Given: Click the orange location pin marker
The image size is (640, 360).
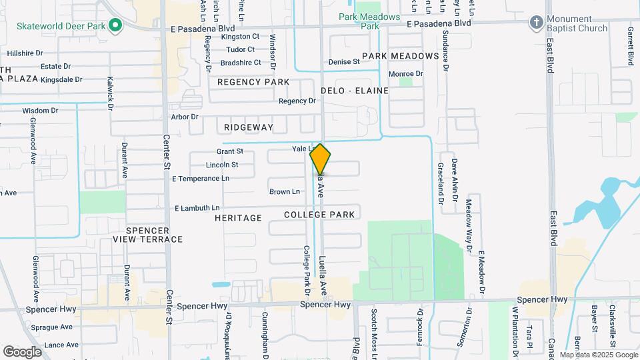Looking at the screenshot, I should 321,159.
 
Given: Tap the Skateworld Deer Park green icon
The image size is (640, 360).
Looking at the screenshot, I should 115,26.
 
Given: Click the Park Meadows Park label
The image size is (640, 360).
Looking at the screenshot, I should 369,21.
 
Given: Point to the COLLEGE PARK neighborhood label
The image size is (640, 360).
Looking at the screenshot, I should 319,215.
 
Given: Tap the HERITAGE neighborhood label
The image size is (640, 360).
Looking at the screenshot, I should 238,218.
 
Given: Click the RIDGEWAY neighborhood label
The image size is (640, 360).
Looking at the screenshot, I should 249,127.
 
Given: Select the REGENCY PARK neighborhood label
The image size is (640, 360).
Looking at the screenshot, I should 253,82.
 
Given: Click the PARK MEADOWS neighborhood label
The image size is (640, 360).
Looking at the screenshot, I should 401,56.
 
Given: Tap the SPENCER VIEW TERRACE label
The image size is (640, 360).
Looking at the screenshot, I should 147,235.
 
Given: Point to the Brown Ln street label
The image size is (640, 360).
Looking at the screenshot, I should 285,192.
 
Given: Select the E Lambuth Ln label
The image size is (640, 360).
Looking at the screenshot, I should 197,209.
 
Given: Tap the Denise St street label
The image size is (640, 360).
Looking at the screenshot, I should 344,62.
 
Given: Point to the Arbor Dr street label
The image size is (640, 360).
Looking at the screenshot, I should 185,117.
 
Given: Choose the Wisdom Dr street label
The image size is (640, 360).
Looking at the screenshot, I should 40,111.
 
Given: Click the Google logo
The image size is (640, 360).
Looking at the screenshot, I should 22,352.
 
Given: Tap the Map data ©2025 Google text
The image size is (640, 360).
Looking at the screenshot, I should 598,355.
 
